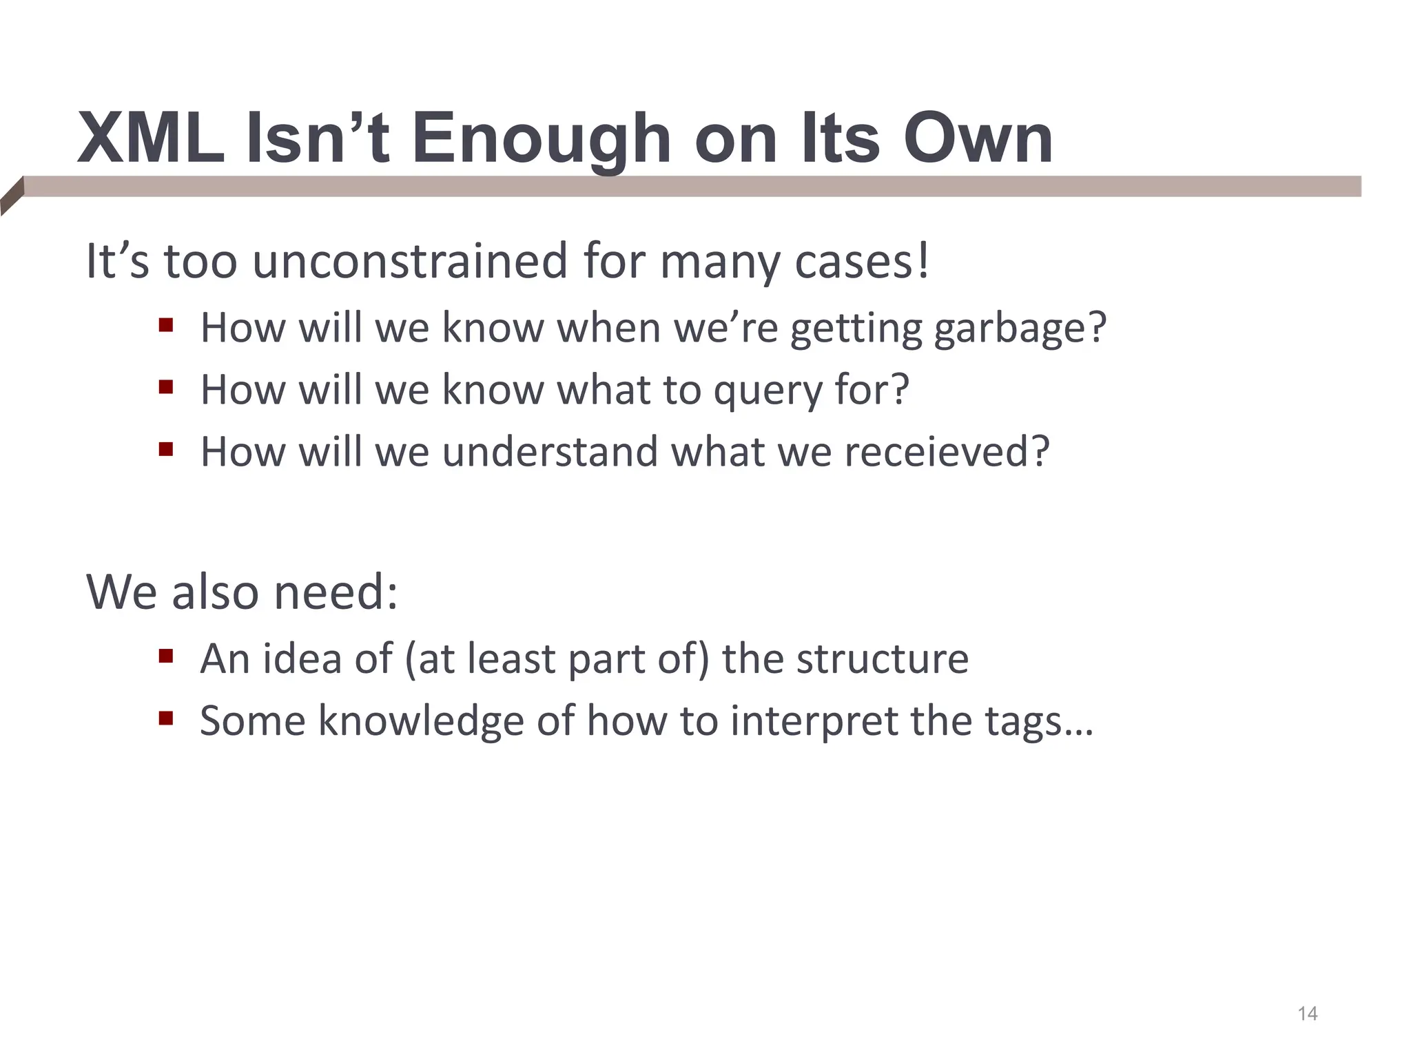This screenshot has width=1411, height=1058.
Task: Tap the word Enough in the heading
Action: click(x=541, y=140)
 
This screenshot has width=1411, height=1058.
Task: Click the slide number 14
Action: click(x=1307, y=1014)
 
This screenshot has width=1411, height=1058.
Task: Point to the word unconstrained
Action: click(x=410, y=262)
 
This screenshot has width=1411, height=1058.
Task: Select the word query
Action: click(x=768, y=391)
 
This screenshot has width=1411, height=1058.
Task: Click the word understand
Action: click(x=550, y=452)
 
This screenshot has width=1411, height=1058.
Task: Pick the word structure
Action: click(x=883, y=659)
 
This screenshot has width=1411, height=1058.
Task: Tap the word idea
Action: click(x=302, y=658)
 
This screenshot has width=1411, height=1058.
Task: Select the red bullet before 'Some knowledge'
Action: click(x=165, y=718)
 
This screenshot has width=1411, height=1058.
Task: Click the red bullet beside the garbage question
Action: click(x=165, y=324)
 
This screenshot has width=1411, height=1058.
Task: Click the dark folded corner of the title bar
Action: click(x=12, y=196)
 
